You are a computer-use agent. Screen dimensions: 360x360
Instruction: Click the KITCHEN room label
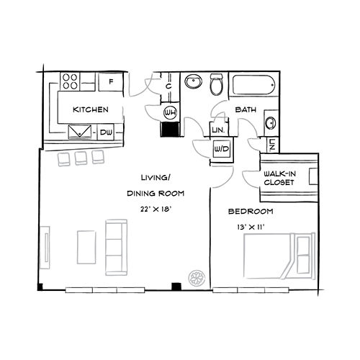click(91, 109)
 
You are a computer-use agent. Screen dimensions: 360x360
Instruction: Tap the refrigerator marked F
click(111, 82)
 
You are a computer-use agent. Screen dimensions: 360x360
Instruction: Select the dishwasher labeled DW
click(106, 132)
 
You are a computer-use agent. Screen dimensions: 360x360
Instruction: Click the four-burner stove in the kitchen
click(70, 81)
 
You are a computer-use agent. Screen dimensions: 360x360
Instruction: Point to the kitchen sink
click(80, 132)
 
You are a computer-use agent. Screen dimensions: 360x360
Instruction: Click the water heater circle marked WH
click(170, 112)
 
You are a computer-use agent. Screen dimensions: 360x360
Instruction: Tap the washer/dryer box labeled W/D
click(222, 149)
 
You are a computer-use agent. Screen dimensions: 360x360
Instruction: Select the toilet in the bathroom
click(217, 84)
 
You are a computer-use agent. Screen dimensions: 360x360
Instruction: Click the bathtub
click(254, 85)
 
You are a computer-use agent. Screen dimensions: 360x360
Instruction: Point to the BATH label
click(246, 109)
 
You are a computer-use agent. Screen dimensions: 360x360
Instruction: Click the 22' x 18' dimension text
click(156, 210)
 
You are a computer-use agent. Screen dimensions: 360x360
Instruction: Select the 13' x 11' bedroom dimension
click(251, 227)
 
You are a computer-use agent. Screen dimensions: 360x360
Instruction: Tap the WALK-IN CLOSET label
click(279, 178)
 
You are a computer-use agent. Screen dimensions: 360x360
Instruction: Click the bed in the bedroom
click(279, 256)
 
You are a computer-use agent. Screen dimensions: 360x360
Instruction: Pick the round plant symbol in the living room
click(197, 278)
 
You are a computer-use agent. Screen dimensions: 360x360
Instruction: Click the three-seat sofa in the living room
click(116, 247)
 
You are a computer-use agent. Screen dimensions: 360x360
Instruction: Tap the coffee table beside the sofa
click(86, 247)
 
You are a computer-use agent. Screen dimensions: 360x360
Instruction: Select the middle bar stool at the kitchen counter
click(81, 158)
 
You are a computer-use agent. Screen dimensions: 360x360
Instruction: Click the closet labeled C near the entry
click(169, 86)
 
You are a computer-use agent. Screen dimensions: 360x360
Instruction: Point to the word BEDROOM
click(251, 212)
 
